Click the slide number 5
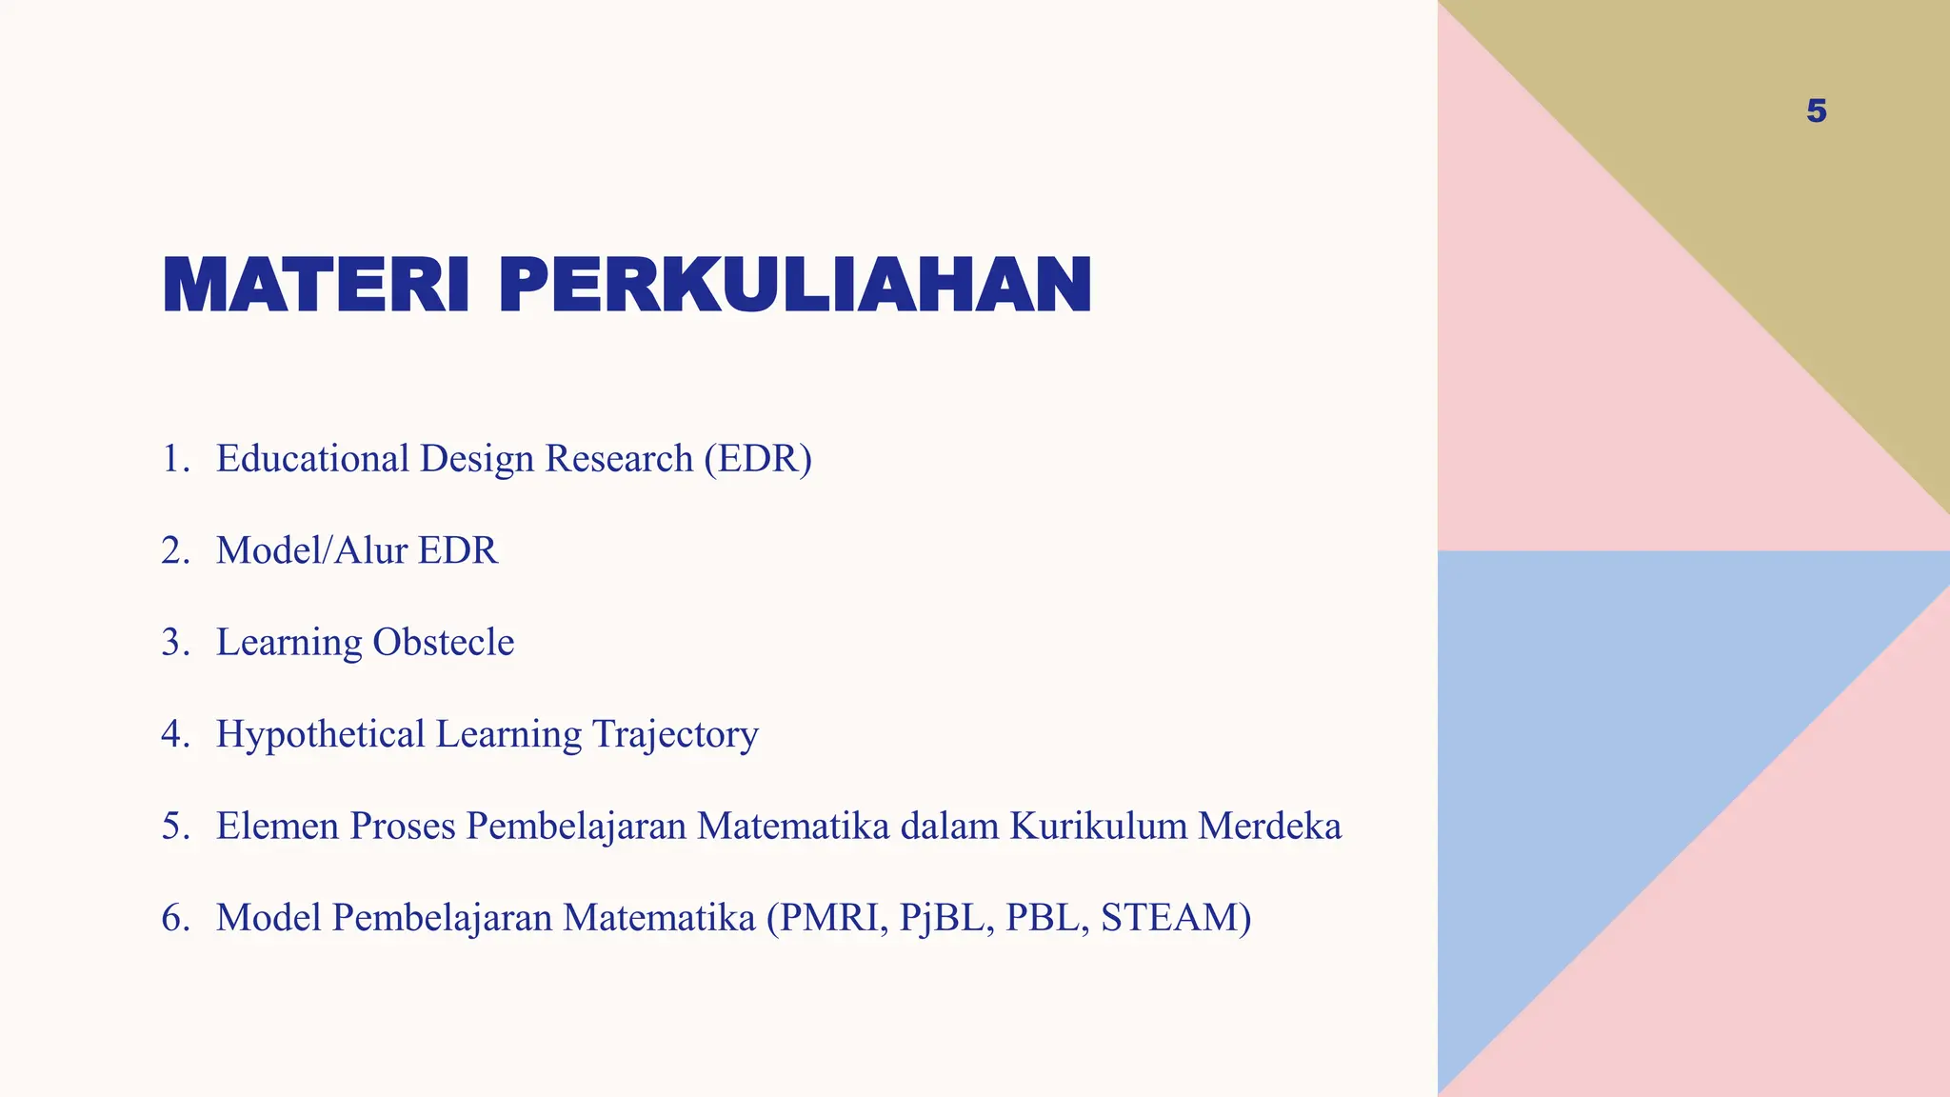(x=1816, y=111)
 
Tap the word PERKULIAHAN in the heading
(x=795, y=285)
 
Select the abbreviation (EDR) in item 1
(x=758, y=459)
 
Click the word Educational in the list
(x=312, y=459)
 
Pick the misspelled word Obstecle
(x=443, y=643)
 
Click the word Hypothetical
(x=320, y=734)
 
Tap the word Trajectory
(x=675, y=734)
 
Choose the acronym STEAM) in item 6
(x=1176, y=918)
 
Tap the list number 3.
(x=174, y=643)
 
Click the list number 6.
(x=174, y=918)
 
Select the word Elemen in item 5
(x=277, y=826)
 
